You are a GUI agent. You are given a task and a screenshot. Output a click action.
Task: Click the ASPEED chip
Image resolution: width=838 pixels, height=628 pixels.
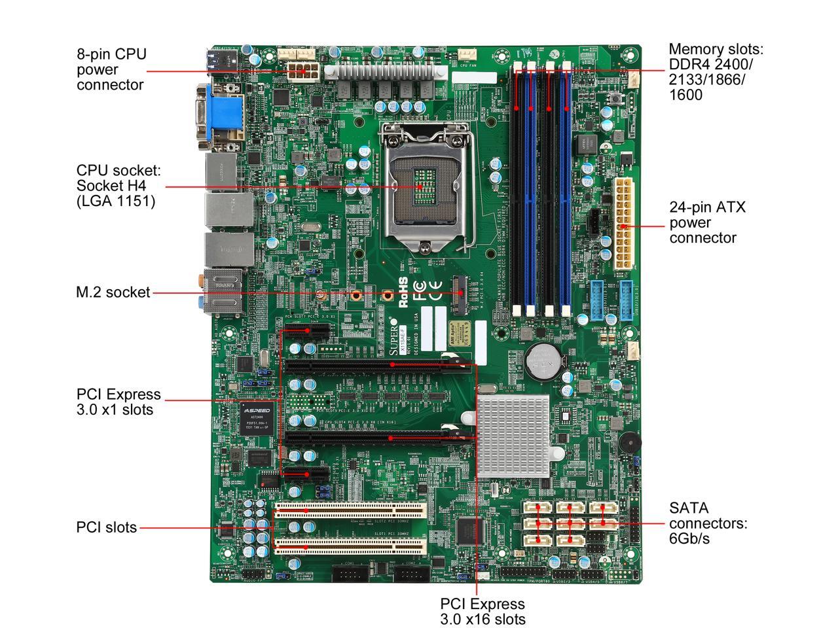pyautogui.click(x=255, y=419)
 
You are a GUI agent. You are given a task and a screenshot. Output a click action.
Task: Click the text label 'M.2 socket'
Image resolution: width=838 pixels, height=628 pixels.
pyautogui.click(x=113, y=292)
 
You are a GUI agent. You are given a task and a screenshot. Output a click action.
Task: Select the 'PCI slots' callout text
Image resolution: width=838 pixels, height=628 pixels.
pyautogui.click(x=107, y=527)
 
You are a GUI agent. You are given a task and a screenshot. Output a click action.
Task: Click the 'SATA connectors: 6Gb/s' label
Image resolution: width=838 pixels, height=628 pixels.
pyautogui.click(x=707, y=523)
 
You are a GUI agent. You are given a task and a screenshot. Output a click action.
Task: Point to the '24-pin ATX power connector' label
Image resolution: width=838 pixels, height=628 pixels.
pyautogui.click(x=707, y=222)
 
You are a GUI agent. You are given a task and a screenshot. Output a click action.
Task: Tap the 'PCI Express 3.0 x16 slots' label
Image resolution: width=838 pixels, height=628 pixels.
pyautogui.click(x=483, y=611)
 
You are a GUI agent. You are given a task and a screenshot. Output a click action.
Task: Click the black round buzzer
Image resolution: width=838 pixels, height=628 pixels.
pyautogui.click(x=630, y=443)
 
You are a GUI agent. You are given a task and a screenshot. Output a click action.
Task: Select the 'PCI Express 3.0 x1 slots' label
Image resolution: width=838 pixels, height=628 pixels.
pyautogui.click(x=118, y=402)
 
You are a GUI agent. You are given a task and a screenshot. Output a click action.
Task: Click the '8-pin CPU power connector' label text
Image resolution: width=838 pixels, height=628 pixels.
pyautogui.click(x=111, y=69)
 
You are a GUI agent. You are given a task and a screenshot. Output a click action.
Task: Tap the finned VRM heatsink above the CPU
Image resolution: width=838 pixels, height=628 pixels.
pyautogui.click(x=386, y=71)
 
